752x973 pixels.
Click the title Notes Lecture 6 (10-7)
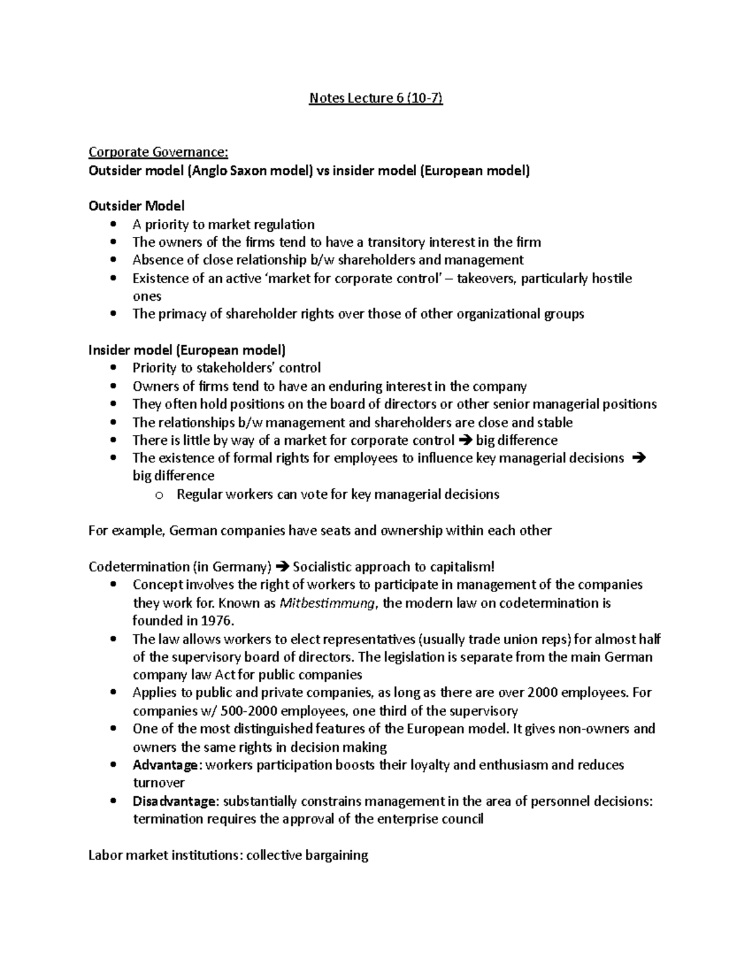(376, 98)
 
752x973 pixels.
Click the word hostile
(608, 278)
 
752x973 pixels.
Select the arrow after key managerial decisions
(639, 458)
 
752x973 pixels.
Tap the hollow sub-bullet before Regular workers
(158, 495)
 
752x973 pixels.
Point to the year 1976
(217, 621)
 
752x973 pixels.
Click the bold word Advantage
(166, 765)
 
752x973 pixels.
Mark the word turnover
(159, 783)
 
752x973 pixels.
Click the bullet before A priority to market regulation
(113, 224)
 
